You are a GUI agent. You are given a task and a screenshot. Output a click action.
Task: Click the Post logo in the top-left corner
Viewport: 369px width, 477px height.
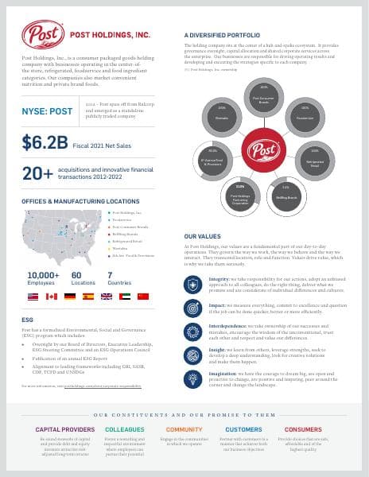click(x=43, y=34)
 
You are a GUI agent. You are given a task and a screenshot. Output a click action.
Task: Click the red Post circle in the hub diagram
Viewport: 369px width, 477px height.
click(x=262, y=149)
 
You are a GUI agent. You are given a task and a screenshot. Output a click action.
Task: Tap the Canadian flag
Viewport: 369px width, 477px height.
click(x=52, y=296)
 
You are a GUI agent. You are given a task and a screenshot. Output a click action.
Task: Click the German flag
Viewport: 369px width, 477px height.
click(x=70, y=296)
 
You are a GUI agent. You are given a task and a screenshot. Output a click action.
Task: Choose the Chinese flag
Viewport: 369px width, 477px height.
click(x=142, y=296)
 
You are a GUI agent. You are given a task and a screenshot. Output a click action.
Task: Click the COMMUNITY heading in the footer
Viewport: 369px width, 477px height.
click(x=184, y=429)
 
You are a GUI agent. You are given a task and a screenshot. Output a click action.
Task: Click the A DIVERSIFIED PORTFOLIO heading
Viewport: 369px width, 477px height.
click(x=222, y=35)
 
